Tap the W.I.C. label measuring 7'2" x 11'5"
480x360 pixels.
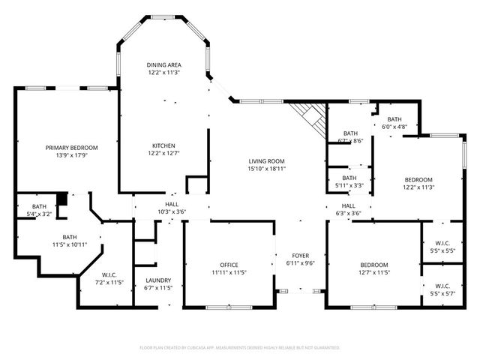click(109, 279)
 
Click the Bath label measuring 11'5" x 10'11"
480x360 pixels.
click(69, 241)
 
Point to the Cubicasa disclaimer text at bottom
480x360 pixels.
click(240, 347)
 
